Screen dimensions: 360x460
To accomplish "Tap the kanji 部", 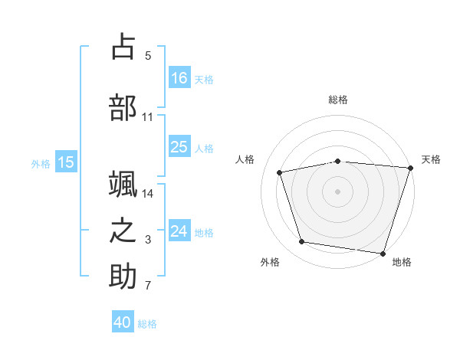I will click(123, 106).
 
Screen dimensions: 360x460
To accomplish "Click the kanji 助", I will click(123, 277).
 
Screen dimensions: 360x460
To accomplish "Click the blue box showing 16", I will click(179, 77).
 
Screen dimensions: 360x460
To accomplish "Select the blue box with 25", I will click(179, 147).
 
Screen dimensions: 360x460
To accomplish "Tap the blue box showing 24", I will click(179, 231).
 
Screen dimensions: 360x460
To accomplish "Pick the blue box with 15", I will click(66, 162).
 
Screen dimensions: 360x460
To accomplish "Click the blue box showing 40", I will click(123, 322).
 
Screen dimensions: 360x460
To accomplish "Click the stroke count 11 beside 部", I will click(148, 117).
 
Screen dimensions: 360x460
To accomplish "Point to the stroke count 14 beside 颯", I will click(148, 194).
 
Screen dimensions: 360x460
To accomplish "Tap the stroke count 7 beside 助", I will click(148, 286).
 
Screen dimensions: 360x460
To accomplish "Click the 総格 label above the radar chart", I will click(338, 100).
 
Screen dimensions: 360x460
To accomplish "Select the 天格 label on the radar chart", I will click(432, 159).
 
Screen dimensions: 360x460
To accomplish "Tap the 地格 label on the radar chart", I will click(402, 263).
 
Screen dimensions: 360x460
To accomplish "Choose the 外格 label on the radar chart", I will click(270, 263).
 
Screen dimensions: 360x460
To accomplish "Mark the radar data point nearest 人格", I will click(280, 172).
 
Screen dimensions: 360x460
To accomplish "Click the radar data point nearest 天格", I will click(410, 168).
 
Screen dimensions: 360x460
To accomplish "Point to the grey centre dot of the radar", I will click(338, 191).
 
